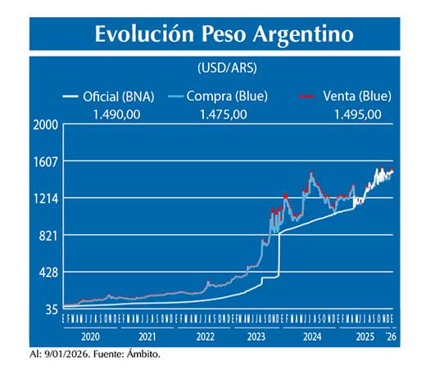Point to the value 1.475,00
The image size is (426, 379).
tap(223, 114)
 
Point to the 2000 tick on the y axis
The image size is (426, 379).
tap(45, 124)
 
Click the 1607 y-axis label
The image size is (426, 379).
tap(45, 161)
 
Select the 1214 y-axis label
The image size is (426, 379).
tap(45, 198)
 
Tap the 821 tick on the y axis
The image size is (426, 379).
tap(48, 236)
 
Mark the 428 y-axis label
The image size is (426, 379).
tap(48, 273)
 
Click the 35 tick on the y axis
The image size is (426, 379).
tap(50, 309)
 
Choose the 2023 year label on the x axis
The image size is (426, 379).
tap(257, 336)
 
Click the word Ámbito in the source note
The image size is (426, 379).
tap(142, 354)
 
